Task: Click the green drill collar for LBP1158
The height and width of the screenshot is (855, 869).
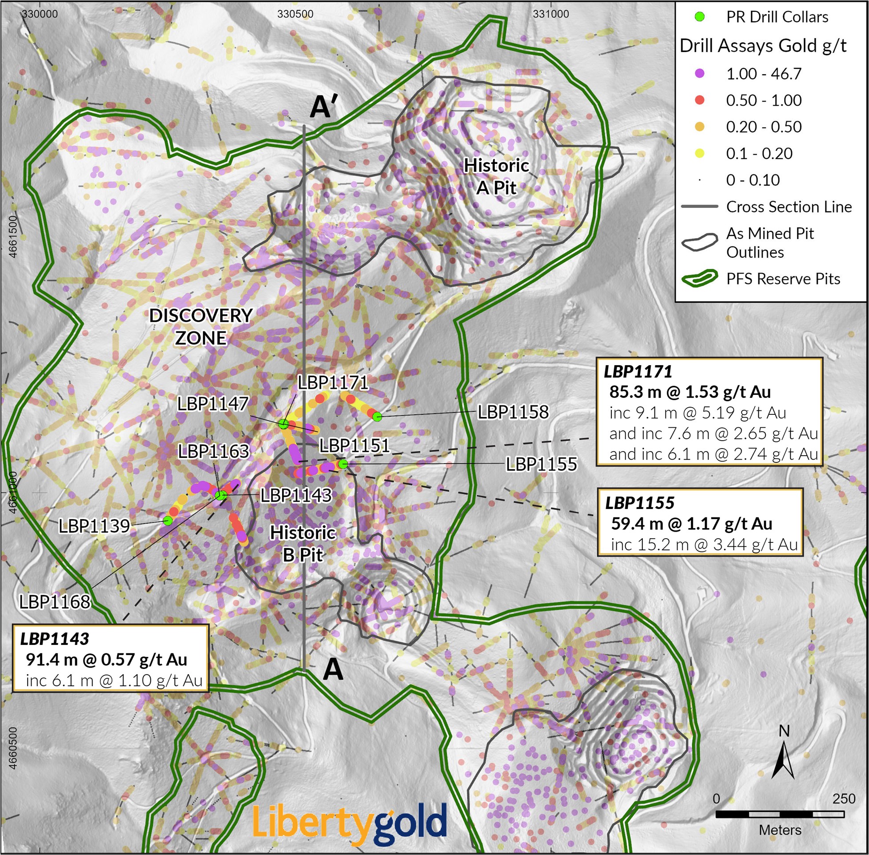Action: [378, 417]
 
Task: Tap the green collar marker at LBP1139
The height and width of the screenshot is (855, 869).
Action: [167, 521]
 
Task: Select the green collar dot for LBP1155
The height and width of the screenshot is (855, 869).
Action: [343, 464]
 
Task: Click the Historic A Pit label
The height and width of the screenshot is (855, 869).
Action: [496, 176]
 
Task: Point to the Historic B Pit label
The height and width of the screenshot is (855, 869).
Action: [303, 543]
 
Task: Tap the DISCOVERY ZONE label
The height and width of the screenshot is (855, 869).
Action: [200, 326]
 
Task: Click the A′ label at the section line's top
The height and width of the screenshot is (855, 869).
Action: [323, 108]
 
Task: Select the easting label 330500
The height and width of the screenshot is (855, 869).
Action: [295, 14]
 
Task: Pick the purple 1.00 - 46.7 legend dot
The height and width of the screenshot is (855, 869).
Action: [699, 74]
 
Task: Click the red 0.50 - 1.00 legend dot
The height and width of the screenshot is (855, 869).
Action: [699, 100]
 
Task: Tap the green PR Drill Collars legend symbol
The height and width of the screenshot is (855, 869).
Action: [699, 17]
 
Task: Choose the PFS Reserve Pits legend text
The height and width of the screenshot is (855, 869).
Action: [783, 279]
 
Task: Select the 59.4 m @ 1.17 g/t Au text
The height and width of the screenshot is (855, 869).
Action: [691, 524]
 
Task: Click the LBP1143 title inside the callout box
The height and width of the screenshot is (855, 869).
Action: [54, 638]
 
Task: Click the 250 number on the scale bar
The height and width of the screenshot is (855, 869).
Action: [843, 799]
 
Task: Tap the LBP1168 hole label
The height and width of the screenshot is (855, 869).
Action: [55, 602]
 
